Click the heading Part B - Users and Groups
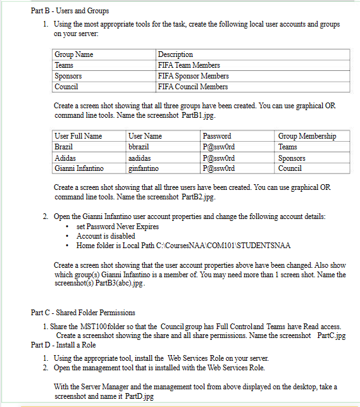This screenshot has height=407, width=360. coord(70,11)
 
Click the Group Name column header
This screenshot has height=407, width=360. coord(73,54)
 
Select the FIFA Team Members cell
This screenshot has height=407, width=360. coord(189,65)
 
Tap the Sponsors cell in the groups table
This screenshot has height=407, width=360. coord(68,76)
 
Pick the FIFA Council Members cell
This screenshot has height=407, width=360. coord(192,87)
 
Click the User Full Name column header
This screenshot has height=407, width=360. coord(78,136)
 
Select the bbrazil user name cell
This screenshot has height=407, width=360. coord(139,147)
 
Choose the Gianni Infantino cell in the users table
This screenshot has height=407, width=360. coord(80,168)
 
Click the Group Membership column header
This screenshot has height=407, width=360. coord(307,136)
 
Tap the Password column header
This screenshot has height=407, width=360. coord(216,136)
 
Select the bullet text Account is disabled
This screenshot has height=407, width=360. coord(106,236)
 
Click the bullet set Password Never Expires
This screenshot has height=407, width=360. coord(117,227)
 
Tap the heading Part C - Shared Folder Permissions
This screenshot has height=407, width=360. coord(83,313)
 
